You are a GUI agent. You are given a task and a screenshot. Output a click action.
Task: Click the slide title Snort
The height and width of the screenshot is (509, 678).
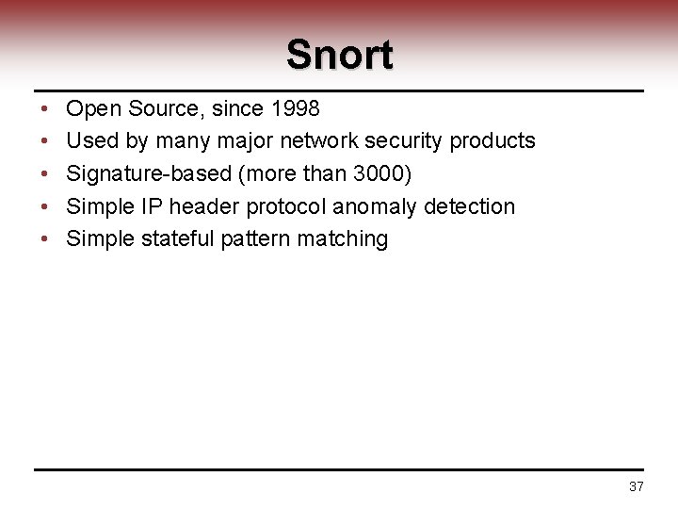click(339, 55)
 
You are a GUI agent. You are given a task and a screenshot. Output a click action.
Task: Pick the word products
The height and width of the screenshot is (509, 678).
click(492, 141)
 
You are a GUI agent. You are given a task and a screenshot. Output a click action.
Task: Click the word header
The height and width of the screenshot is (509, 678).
click(201, 205)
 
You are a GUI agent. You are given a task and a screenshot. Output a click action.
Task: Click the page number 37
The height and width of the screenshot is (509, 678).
click(636, 487)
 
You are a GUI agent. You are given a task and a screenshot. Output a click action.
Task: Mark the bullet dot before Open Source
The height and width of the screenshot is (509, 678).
click(45, 110)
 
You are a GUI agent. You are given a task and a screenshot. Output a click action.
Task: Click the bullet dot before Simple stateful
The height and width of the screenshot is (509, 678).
click(45, 238)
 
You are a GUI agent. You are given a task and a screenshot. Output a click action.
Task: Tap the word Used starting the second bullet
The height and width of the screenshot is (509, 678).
click(90, 141)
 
